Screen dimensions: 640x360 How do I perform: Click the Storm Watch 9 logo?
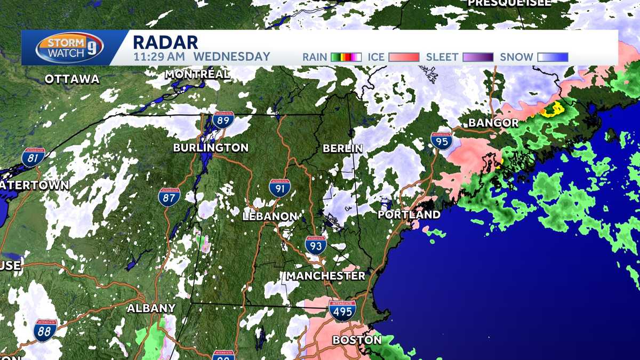coord(70,48)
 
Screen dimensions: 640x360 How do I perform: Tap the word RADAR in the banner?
coord(165,42)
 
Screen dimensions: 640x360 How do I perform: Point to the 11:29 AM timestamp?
coord(159,57)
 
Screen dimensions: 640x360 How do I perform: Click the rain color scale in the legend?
coord(346,57)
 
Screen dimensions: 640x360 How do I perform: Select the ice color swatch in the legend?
coord(403,57)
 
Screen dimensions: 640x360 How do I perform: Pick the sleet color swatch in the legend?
coord(478,57)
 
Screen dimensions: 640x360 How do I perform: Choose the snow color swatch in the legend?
coord(553,57)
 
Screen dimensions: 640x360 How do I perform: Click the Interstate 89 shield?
coord(223,120)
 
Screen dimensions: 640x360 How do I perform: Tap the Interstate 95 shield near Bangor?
coord(442,141)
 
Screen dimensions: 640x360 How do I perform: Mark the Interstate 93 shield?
coord(316,245)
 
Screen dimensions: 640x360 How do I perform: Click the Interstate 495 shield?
coord(342,310)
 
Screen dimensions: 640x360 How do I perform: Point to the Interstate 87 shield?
coord(169,197)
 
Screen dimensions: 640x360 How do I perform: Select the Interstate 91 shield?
coord(279,188)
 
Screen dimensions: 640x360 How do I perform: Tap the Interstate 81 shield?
coord(33,157)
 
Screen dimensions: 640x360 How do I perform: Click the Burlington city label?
coord(211,148)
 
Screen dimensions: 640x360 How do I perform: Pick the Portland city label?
coord(409,214)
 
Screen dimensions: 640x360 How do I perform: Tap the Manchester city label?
coord(326,276)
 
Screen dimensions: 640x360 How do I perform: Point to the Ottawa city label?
coord(72,79)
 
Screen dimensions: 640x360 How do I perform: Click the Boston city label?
coord(357,340)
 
